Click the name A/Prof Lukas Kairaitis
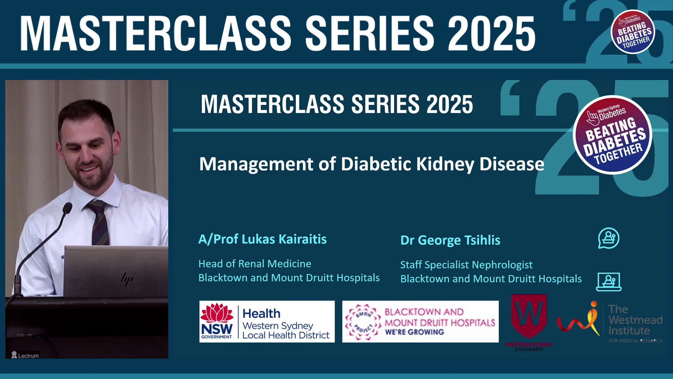[x=262, y=239]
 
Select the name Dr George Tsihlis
[x=450, y=240]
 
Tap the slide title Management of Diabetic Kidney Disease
[x=372, y=164]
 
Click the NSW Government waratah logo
[x=217, y=313]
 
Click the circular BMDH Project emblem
[x=363, y=322]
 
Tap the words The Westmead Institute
[x=635, y=320]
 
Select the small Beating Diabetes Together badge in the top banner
[x=633, y=32]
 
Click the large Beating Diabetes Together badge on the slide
[x=612, y=135]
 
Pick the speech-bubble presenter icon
[x=609, y=239]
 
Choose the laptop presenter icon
[x=609, y=282]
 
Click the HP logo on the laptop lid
[x=127, y=279]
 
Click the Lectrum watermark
[x=25, y=355]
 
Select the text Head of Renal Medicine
[x=254, y=264]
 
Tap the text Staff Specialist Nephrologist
[x=466, y=265]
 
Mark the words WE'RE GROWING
[x=414, y=332]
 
